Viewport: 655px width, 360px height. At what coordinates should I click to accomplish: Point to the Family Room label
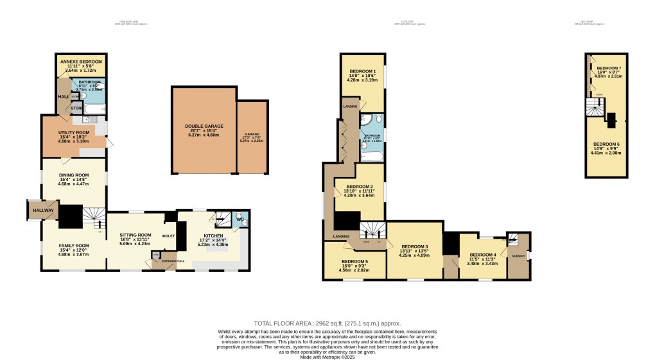coord(73,245)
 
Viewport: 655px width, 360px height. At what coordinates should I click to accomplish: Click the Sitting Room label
coord(135,235)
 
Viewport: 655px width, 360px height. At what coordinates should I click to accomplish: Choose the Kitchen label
coord(212,236)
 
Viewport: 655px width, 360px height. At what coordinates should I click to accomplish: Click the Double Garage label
coord(203,126)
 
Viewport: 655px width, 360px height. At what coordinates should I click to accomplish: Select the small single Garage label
coord(252,134)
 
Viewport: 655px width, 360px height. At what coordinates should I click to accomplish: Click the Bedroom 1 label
coord(363,71)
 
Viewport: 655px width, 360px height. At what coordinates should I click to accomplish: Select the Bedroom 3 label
coord(414,246)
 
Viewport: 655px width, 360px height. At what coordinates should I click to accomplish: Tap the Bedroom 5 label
coord(354,262)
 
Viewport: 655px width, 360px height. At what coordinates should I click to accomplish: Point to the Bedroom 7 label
coord(609,68)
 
